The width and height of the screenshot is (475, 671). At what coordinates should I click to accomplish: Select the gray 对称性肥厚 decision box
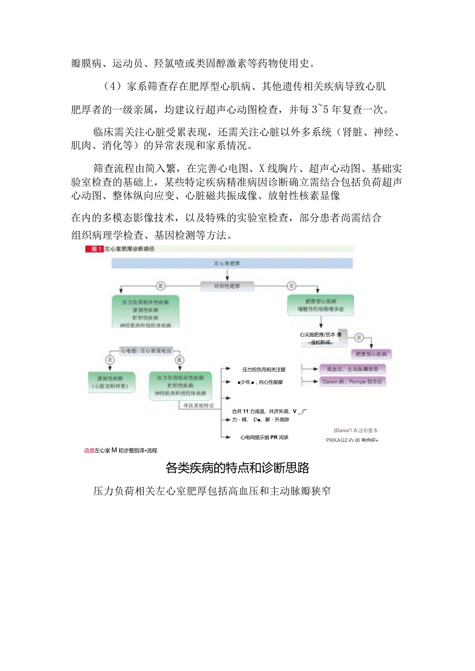(227, 284)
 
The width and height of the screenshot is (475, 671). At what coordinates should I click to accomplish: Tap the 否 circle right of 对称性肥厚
(292, 284)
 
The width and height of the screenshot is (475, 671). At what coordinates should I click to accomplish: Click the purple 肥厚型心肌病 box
(371, 354)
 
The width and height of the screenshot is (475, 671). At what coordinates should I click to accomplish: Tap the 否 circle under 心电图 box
(109, 359)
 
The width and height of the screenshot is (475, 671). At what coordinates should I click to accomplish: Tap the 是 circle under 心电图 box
(180, 359)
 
